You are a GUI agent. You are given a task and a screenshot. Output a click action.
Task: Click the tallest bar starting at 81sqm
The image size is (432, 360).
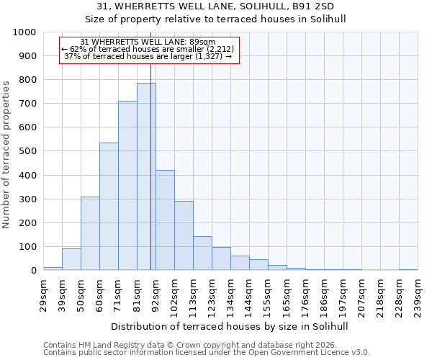pyautogui.click(x=146, y=176)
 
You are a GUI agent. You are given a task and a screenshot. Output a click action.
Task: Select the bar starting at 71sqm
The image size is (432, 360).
pyautogui.click(x=127, y=186)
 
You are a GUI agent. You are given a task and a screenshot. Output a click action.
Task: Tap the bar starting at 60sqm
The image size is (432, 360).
pyautogui.click(x=109, y=207)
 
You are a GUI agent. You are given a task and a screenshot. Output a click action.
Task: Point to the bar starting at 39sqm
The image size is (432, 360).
pyautogui.click(x=71, y=259)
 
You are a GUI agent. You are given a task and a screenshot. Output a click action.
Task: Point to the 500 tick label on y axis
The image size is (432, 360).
pyautogui.click(x=28, y=151)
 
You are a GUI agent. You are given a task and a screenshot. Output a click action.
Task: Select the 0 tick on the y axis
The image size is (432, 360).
pyautogui.click(x=34, y=271)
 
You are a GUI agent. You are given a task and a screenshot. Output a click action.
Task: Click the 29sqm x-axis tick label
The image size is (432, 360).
pyautogui.click(x=43, y=292)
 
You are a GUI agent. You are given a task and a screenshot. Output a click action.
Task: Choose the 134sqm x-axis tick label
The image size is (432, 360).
pyautogui.click(x=230, y=292)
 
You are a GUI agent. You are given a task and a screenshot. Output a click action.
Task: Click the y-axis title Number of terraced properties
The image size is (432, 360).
pyautogui.click(x=6, y=154)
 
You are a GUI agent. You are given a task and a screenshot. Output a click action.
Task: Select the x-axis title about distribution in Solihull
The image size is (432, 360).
pyautogui.click(x=230, y=326)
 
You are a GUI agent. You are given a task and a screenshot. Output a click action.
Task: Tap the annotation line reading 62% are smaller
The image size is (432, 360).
pyautogui.click(x=148, y=49)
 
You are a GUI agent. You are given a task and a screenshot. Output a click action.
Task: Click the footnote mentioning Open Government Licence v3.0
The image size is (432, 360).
pyautogui.click(x=207, y=353)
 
